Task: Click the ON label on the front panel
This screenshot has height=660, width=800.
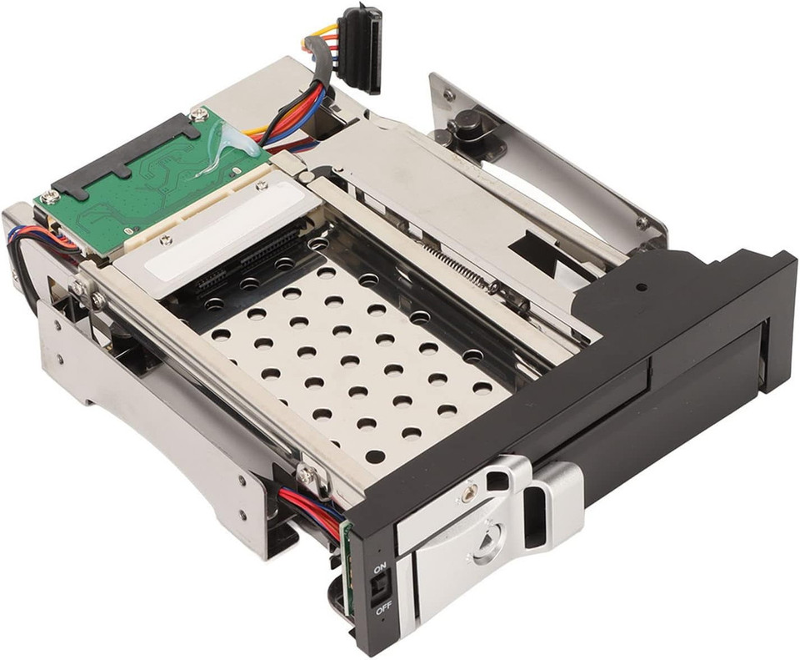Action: [x=379, y=567]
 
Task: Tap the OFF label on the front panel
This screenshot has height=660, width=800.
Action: [x=383, y=609]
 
